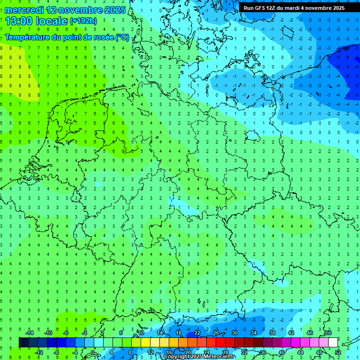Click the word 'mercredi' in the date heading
tap(24, 10)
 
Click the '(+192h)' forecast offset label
tap(83, 21)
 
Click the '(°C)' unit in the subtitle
tap(122, 37)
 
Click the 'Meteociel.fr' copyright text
tap(213, 357)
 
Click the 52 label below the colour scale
tap(338, 352)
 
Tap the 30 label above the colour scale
tap(234, 333)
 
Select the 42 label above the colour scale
tap(291, 333)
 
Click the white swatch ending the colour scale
tap(333, 343)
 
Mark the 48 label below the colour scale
tap(319, 352)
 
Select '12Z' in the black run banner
tap(271, 8)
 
